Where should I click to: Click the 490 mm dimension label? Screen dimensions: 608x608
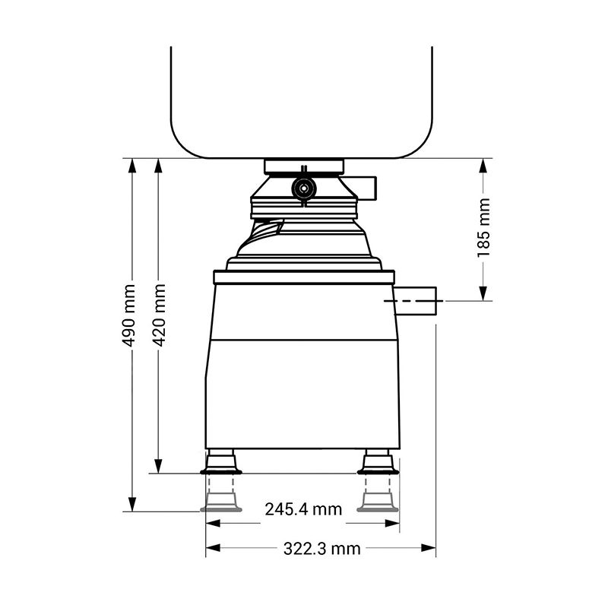tap(128, 315)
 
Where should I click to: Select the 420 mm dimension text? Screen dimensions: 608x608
tap(159, 315)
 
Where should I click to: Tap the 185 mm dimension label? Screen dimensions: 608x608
tap(483, 227)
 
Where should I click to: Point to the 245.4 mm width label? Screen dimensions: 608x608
tap(303, 509)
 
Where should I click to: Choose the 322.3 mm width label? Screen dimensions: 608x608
tap(321, 549)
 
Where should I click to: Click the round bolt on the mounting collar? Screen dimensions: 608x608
tap(304, 188)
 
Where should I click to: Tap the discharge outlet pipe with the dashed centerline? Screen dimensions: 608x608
tap(415, 300)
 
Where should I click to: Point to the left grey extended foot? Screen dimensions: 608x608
tap(221, 502)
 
